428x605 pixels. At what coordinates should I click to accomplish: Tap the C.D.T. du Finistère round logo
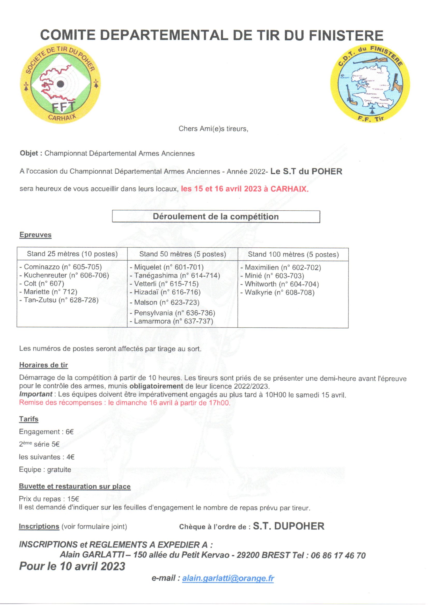[370, 84]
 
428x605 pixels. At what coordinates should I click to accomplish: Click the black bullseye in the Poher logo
[61, 84]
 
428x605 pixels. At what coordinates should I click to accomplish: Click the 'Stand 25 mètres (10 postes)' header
[72, 254]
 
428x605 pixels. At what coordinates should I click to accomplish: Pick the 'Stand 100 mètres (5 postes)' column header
[293, 254]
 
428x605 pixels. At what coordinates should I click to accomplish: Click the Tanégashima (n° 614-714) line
[175, 275]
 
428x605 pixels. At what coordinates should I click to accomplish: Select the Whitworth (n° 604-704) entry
[280, 284]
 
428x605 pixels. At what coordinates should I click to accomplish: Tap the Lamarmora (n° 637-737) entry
[171, 321]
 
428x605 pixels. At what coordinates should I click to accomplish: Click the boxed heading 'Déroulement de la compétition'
[216, 217]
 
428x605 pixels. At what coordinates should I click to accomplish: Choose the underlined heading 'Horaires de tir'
[43, 365]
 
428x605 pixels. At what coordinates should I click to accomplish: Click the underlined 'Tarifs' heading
[29, 419]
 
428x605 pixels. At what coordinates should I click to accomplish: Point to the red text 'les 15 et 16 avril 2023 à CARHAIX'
[245, 189]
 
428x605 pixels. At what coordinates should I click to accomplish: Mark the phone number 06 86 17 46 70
[338, 556]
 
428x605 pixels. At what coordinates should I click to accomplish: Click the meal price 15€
[73, 499]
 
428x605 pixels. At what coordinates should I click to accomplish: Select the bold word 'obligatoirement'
[156, 386]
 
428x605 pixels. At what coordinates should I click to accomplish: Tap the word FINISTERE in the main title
[346, 35]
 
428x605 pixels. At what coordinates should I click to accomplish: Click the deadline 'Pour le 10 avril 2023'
[72, 566]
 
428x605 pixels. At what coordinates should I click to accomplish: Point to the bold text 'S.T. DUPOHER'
[289, 526]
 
